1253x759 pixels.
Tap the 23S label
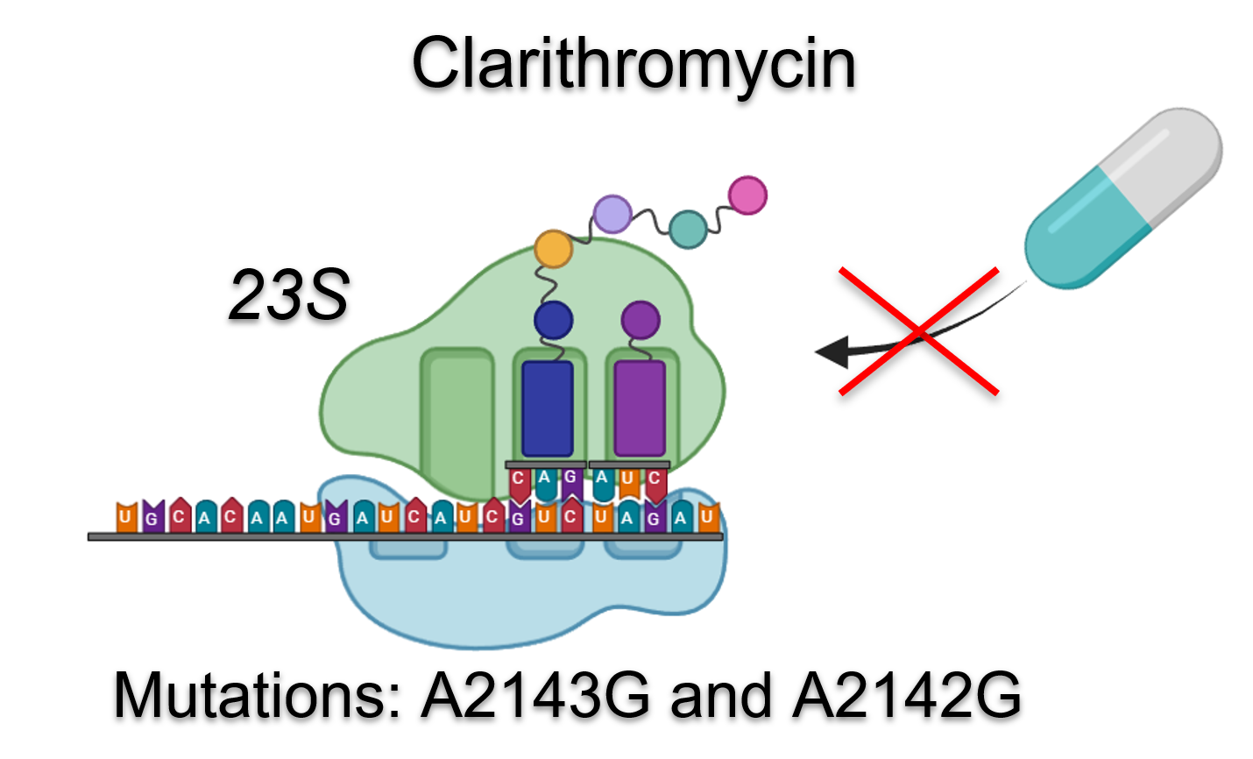pyautogui.click(x=288, y=294)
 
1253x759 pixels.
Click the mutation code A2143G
pyautogui.click(x=536, y=696)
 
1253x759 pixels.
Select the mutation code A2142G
pyautogui.click(x=907, y=696)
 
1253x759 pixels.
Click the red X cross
pyautogui.click(x=918, y=331)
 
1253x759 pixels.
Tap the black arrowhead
pyautogui.click(x=832, y=351)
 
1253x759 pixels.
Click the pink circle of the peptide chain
pyautogui.click(x=747, y=195)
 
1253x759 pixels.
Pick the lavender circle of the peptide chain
pyautogui.click(x=612, y=214)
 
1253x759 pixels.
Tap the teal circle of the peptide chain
pyautogui.click(x=688, y=229)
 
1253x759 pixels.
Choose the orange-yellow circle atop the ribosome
pyautogui.click(x=553, y=249)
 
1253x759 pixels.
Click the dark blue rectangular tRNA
pyautogui.click(x=548, y=408)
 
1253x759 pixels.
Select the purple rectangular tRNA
pyautogui.click(x=640, y=408)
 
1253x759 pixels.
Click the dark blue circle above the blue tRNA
pyautogui.click(x=553, y=320)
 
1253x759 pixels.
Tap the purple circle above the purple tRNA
pyautogui.click(x=641, y=320)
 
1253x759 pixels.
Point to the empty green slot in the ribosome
pyautogui.click(x=457, y=421)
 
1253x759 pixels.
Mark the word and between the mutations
pyautogui.click(x=721, y=696)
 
